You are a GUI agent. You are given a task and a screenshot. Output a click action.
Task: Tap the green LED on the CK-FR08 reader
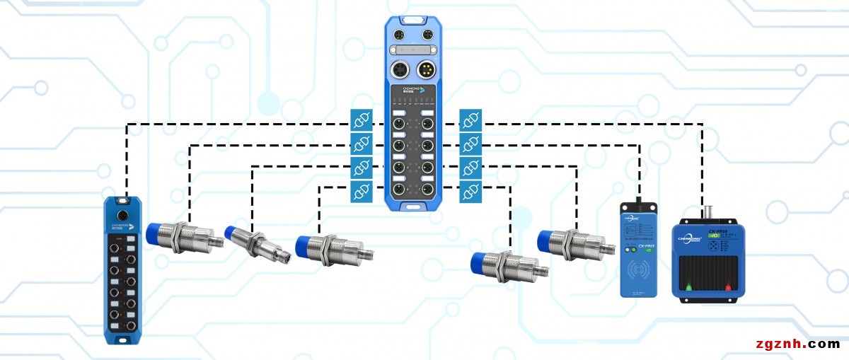(x=686, y=287)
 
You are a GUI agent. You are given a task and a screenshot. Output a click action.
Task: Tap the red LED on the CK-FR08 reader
(x=728, y=287)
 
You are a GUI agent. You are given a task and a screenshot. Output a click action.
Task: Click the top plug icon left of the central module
(x=361, y=119)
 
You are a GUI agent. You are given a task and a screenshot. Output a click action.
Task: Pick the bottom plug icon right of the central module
(x=470, y=191)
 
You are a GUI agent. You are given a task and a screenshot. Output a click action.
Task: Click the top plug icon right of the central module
(x=470, y=119)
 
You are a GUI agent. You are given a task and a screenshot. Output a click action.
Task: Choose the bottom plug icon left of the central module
(x=361, y=191)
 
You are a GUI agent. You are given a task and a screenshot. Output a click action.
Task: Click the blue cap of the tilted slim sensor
(x=234, y=233)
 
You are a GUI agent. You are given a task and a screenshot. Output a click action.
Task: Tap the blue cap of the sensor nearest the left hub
(x=158, y=235)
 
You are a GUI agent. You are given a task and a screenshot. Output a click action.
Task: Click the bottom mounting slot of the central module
(x=413, y=207)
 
